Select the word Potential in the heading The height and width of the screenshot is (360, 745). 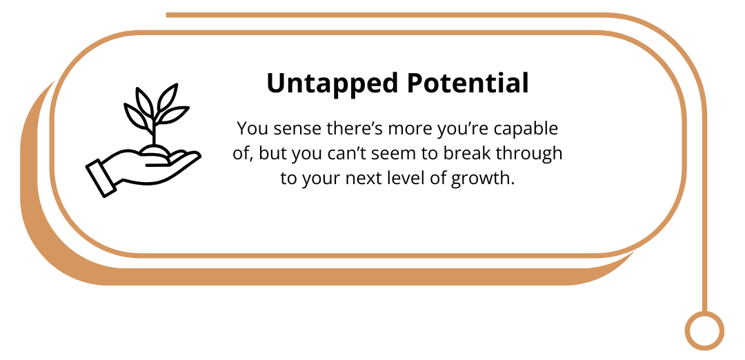pos(468,83)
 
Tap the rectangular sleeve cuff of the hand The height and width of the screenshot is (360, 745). pos(101,178)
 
